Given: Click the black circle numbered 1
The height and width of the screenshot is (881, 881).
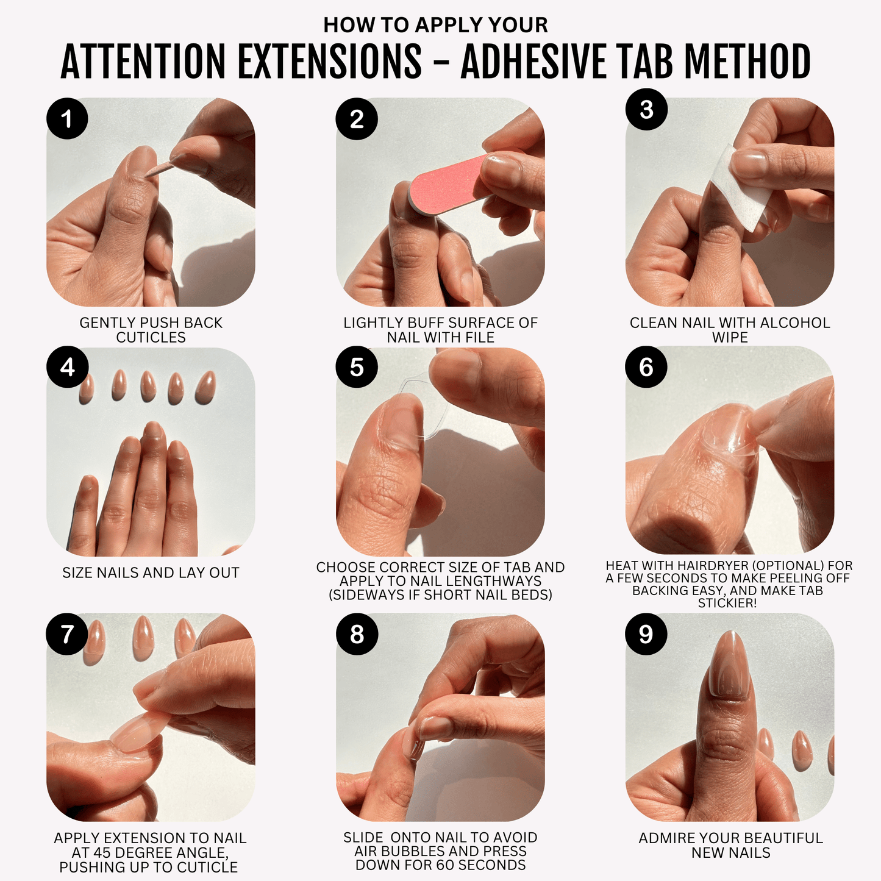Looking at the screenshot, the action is pyautogui.click(x=67, y=118).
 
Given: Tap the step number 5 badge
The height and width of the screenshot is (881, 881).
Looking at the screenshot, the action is pyautogui.click(x=357, y=366).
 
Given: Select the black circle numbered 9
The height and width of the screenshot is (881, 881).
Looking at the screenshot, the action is pyautogui.click(x=646, y=633).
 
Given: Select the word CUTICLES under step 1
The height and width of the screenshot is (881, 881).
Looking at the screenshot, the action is pyautogui.click(x=151, y=337).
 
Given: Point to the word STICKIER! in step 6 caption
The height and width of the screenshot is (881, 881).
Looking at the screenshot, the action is pyautogui.click(x=727, y=603).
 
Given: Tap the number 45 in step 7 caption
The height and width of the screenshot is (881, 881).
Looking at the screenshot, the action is pyautogui.click(x=103, y=853).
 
